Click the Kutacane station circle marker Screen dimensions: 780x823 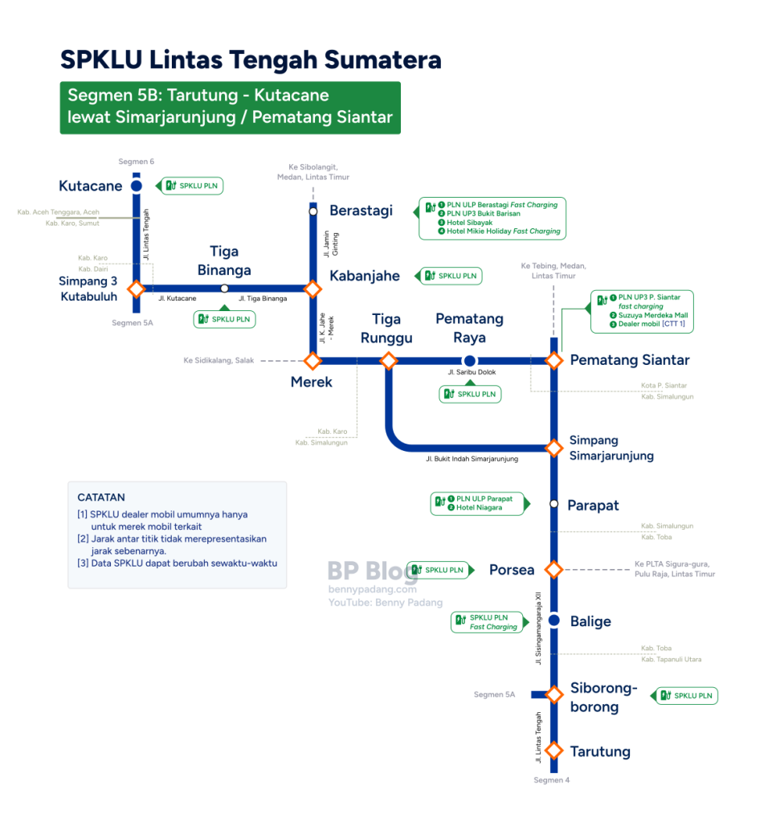click(137, 186)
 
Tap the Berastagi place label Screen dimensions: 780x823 click(361, 211)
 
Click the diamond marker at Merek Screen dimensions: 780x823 click(312, 361)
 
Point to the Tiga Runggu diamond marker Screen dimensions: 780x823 click(389, 361)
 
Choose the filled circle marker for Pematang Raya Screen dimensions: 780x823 click(469, 361)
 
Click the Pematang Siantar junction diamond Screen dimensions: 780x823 click(554, 361)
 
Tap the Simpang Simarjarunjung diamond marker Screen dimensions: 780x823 click(554, 448)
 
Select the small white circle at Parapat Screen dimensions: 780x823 click(554, 504)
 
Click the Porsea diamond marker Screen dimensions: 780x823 click(554, 570)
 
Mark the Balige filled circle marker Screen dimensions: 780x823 click(554, 620)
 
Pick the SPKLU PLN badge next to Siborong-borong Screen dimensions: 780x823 click(687, 696)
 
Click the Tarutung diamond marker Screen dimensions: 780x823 click(554, 751)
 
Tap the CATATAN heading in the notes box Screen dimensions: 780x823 click(101, 497)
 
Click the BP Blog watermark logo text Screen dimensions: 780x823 click(373, 571)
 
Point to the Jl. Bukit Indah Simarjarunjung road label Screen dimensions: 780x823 click(472, 459)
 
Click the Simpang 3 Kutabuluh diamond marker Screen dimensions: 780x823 click(137, 289)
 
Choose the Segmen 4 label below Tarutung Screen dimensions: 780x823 click(551, 780)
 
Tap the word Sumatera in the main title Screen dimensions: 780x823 click(383, 59)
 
